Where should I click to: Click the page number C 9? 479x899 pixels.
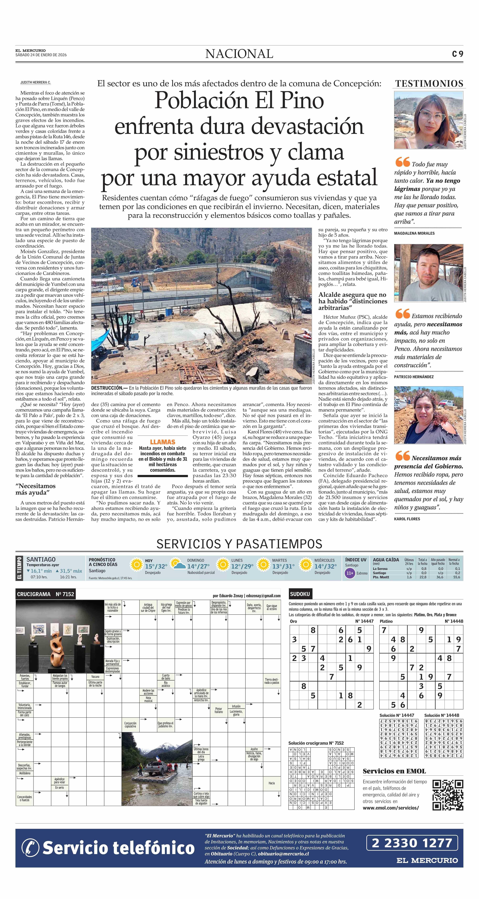pyautogui.click(x=457, y=54)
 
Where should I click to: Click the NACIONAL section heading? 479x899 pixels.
pyautogui.click(x=239, y=54)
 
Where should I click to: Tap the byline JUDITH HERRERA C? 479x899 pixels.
pyautogui.click(x=35, y=82)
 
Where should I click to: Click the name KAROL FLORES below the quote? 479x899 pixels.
pyautogui.click(x=407, y=519)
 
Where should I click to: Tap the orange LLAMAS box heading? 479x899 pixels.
pyautogui.click(x=162, y=442)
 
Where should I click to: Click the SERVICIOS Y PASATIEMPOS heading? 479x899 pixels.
pyautogui.click(x=239, y=544)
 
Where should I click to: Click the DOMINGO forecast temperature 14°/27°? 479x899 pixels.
pyautogui.click(x=198, y=566)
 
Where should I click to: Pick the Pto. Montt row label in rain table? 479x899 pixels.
pyautogui.click(x=381, y=577)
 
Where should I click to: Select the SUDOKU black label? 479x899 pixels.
pyautogui.click(x=300, y=594)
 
